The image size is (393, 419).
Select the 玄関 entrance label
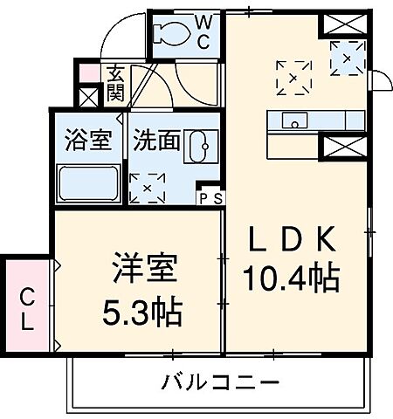coord(115,85)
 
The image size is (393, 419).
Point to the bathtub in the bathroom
coord(88,184)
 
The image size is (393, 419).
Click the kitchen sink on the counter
coord(293,120)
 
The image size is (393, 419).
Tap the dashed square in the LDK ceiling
coord(293,75)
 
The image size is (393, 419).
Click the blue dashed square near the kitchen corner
coord(353,58)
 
